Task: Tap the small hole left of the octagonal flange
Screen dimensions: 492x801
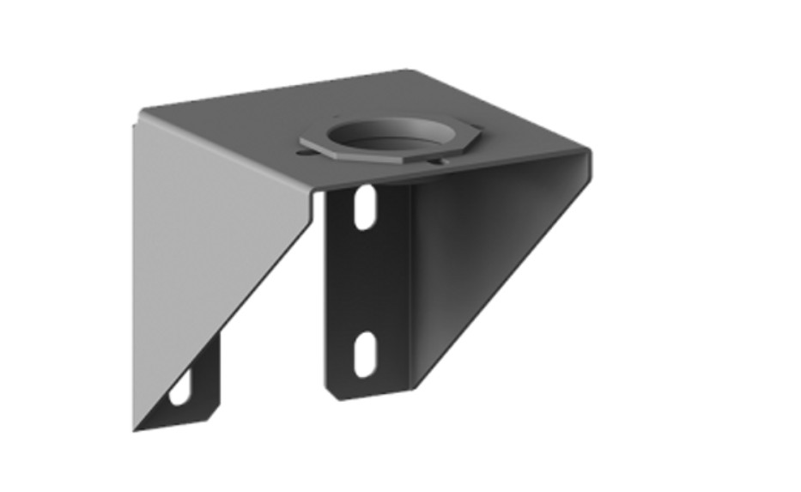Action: point(300,154)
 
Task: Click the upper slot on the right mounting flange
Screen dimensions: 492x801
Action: point(365,207)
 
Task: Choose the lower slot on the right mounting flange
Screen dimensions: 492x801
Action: point(365,353)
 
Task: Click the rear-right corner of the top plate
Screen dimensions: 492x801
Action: point(410,72)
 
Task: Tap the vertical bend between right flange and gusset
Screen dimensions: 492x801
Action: point(409,283)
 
